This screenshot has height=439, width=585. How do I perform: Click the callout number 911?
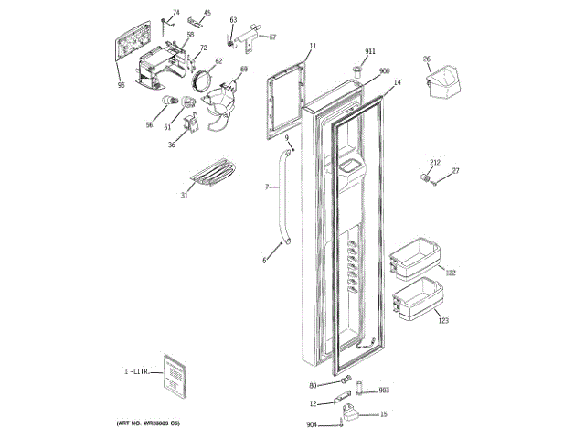click(x=370, y=51)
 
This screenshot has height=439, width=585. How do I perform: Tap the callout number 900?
click(x=384, y=70)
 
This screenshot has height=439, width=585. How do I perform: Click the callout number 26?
click(x=426, y=59)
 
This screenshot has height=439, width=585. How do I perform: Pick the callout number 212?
click(x=435, y=163)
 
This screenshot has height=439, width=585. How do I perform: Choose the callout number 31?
click(x=185, y=195)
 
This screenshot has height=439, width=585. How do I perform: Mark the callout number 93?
click(x=121, y=86)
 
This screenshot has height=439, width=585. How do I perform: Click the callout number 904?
click(x=312, y=424)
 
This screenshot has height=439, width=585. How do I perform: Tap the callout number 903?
click(x=384, y=391)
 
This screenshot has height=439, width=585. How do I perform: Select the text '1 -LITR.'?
click(x=136, y=371)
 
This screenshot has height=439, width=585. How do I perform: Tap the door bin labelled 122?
click(x=417, y=261)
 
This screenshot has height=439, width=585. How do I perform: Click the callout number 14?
click(x=397, y=82)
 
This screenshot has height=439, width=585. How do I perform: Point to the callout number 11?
click(x=313, y=45)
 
